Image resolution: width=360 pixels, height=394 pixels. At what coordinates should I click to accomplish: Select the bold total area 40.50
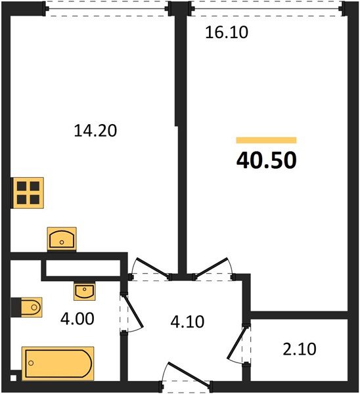click(x=267, y=160)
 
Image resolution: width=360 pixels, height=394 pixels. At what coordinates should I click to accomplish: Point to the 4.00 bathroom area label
click(x=78, y=319)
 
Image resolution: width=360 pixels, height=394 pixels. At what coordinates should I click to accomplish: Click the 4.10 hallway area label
click(x=188, y=322)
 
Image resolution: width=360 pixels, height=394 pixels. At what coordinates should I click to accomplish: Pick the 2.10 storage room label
click(x=300, y=349)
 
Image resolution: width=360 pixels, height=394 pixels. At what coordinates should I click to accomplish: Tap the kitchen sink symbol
click(x=62, y=238)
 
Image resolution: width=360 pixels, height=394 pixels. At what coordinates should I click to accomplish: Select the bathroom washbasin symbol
click(x=83, y=290)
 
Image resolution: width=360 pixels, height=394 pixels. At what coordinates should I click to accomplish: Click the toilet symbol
click(x=27, y=306)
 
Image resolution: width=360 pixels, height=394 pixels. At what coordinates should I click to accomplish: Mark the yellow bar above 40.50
click(x=266, y=140)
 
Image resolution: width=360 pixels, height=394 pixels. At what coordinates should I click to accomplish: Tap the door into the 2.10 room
click(x=238, y=341)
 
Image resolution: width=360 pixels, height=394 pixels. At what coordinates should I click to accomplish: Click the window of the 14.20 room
click(x=107, y=9)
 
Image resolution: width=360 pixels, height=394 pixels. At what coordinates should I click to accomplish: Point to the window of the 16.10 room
click(x=265, y=9)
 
